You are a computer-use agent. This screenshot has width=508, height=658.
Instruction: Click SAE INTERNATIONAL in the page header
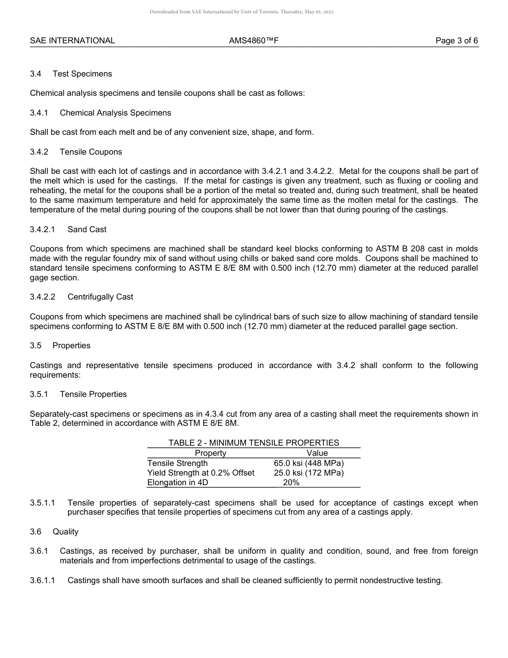pyautogui.click(x=72, y=41)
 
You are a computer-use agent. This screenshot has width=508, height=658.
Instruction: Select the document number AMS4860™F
pyautogui.click(x=253, y=41)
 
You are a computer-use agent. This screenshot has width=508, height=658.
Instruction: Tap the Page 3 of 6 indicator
pyautogui.click(x=457, y=41)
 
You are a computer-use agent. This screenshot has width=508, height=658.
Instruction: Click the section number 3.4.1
pyautogui.click(x=39, y=113)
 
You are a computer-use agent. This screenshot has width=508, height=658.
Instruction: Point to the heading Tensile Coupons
pyautogui.click(x=91, y=152)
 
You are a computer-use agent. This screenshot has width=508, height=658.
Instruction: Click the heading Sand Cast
pyautogui.click(x=87, y=229)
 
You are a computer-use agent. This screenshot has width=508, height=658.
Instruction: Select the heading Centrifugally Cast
pyautogui.click(x=100, y=297)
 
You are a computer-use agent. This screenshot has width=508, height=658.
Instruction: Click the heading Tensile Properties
pyautogui.click(x=93, y=394)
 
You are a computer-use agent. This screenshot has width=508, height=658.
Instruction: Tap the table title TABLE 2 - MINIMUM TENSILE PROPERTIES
pyautogui.click(x=253, y=443)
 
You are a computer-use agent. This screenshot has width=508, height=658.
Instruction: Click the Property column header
pyautogui.click(x=210, y=453)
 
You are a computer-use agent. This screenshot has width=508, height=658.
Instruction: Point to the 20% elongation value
pyautogui.click(x=291, y=483)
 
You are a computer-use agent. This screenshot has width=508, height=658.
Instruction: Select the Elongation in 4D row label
pyautogui.click(x=178, y=483)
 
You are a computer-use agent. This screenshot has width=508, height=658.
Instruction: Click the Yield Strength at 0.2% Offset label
pyautogui.click(x=201, y=473)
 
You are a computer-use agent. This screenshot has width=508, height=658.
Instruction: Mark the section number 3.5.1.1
pyautogui.click(x=43, y=503)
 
